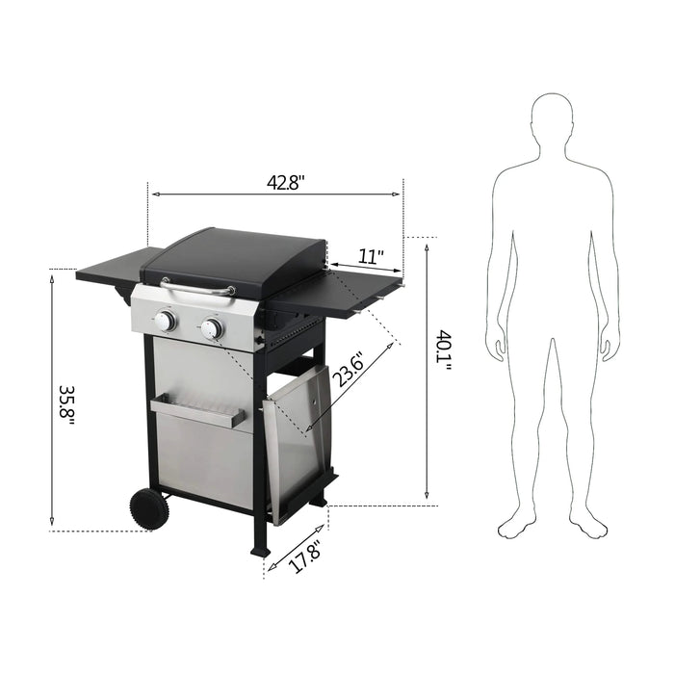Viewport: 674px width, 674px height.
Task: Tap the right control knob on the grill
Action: tap(212, 329)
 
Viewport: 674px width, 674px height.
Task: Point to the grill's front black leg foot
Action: tap(259, 550)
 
